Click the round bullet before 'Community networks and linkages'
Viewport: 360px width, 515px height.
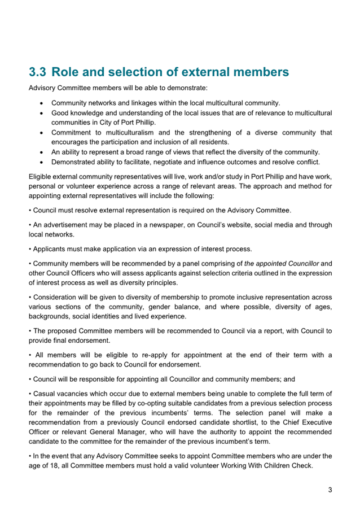click(x=43, y=103)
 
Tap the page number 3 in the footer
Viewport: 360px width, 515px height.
click(x=330, y=490)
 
